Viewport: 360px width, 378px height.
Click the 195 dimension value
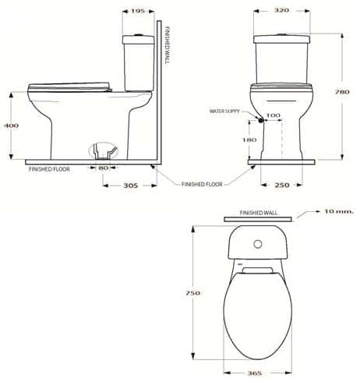click(137, 11)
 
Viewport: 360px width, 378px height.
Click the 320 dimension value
click(281, 11)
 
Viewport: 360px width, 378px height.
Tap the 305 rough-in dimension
click(131, 185)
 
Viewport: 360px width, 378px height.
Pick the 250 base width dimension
click(281, 185)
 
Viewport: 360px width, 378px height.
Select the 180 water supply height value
click(249, 140)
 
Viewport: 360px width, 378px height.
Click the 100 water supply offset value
click(273, 115)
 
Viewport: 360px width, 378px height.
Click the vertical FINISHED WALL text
click(169, 46)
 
